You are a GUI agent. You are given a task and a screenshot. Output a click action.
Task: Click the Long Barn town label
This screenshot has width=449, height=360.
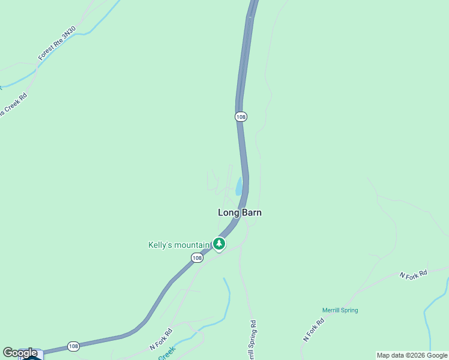click(x=240, y=212)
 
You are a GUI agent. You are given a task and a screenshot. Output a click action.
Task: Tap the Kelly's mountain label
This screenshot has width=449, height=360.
click(x=178, y=245)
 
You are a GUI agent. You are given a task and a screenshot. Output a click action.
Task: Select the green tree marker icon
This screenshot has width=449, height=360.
click(x=219, y=244)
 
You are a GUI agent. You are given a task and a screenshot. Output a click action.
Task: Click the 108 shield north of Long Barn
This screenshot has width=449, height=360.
click(x=241, y=117)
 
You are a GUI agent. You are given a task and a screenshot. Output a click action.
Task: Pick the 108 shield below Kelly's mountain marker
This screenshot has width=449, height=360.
click(x=197, y=257)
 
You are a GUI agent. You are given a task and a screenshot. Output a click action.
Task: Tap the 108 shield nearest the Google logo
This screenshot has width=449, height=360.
click(x=73, y=346)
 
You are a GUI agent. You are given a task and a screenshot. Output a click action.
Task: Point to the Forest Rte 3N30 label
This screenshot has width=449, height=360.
click(x=57, y=43)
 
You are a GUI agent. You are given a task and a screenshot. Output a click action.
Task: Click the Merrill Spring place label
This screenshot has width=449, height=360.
click(x=340, y=310)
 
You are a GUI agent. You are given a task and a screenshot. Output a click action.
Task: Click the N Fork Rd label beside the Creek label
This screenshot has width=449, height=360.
click(x=161, y=339)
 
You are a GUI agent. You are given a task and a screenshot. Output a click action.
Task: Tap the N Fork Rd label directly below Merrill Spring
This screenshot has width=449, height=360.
click(x=314, y=330)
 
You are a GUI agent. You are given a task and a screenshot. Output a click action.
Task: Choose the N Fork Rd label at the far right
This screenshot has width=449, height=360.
click(x=414, y=274)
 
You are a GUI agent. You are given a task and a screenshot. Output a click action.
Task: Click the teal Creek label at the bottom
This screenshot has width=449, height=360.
click(x=166, y=353)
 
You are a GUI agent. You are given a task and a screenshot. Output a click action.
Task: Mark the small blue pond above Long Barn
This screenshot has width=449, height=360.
click(x=239, y=186)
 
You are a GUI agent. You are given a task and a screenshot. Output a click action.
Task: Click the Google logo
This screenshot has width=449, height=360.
click(x=20, y=353)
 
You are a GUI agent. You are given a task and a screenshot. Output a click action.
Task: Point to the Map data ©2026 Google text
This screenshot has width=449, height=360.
click(x=411, y=355)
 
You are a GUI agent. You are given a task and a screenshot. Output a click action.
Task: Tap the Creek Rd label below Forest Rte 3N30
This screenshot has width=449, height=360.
click(x=13, y=103)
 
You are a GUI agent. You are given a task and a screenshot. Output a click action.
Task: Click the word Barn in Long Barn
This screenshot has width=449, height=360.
click(x=252, y=212)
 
